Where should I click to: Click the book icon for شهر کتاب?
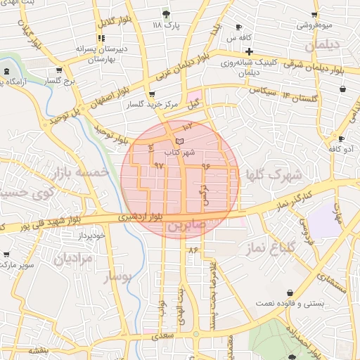pos(179,142)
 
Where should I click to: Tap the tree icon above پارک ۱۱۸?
pos(166,13)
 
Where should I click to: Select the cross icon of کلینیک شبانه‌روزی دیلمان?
pos(249,51)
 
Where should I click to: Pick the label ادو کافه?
pos(341,149)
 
